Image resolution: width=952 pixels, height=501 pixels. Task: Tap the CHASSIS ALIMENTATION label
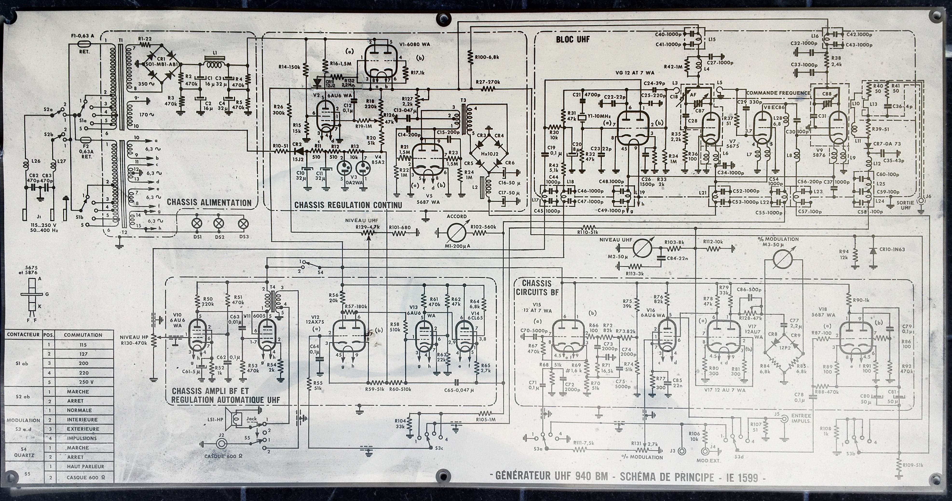click(209, 203)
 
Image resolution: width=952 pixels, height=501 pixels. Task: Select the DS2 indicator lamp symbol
click(219, 223)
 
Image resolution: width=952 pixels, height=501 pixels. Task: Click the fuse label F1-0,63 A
click(83, 36)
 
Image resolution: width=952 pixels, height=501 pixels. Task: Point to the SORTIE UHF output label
click(905, 205)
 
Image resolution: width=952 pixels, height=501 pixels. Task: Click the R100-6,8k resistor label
click(487, 57)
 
